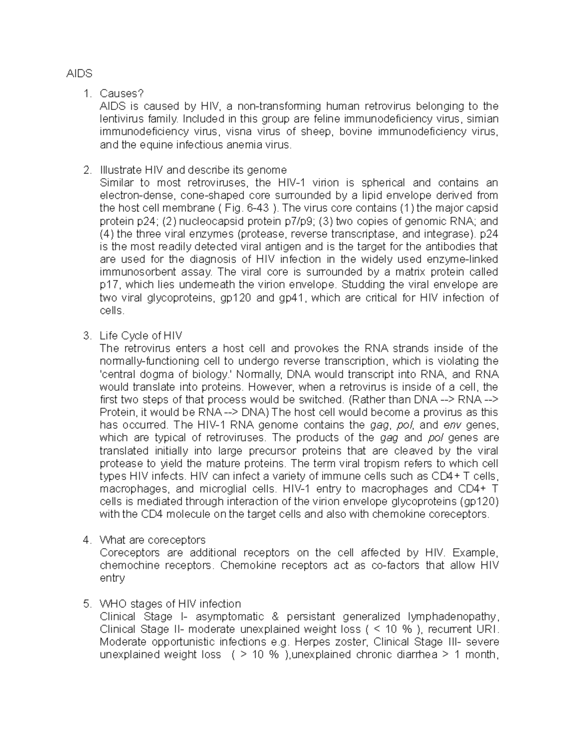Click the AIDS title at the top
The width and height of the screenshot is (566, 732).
[79, 74]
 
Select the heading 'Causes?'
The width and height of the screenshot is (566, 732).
[121, 94]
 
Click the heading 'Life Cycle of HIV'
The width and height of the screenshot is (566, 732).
[141, 336]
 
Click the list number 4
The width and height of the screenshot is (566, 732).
[86, 540]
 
